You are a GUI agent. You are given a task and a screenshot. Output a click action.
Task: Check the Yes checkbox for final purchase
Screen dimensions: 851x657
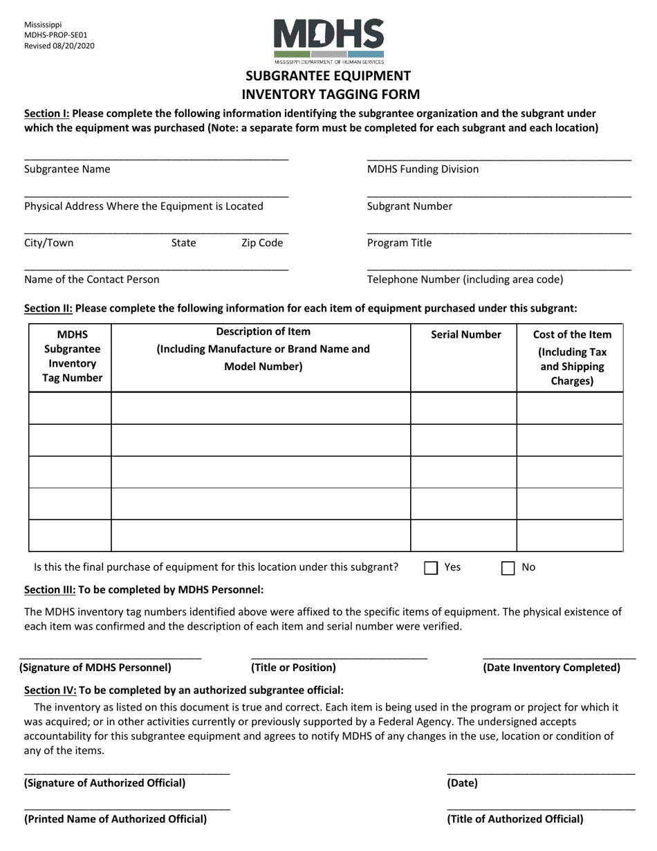pos(431,568)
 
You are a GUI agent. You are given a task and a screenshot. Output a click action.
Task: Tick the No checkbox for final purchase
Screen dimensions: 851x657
pos(508,568)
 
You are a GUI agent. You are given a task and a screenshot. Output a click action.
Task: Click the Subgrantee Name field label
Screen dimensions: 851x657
pos(67,169)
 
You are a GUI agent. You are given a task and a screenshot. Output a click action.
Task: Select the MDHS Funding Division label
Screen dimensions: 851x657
pos(423,169)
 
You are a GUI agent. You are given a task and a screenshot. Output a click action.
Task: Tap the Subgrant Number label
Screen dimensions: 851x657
pos(409,206)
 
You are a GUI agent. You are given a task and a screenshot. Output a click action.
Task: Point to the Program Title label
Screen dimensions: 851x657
pos(399,243)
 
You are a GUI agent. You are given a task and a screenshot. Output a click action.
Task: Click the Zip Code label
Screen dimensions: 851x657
pos(262,243)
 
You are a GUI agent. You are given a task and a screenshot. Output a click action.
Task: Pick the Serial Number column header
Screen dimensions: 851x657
pos(465,335)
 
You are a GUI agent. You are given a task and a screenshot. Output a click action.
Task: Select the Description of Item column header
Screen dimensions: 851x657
pos(263,349)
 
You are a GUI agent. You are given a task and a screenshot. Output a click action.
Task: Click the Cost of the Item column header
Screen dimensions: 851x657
pos(572,357)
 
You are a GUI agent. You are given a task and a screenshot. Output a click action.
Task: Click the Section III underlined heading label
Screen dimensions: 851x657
pos(50,589)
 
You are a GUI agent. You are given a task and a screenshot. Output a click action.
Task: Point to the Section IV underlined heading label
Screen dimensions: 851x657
pos(50,690)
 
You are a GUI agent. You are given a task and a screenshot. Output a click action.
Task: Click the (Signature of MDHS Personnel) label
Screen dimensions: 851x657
pos(95,668)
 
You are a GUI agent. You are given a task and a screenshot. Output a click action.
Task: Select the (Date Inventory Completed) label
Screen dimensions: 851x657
pos(551,668)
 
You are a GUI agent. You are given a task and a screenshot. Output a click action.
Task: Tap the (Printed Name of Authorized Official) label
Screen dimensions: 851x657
pos(115,819)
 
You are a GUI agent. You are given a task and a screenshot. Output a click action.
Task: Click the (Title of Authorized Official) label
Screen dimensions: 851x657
pos(515,819)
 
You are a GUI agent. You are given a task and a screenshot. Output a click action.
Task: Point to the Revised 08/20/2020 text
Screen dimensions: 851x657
pos(59,46)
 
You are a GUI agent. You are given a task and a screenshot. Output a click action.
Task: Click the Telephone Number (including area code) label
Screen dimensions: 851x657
pos(465,280)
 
